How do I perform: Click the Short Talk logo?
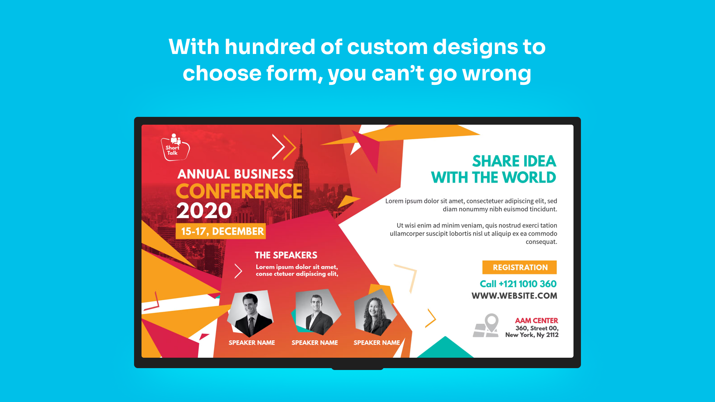coord(175,147)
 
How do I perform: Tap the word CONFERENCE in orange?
coord(239,191)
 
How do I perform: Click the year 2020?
coord(204,211)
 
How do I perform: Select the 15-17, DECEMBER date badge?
coord(221,231)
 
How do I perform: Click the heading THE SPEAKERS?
coord(286,255)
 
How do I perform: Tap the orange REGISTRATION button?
coord(519,267)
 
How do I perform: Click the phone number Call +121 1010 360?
coord(518,284)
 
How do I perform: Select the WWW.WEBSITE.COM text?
coord(514,296)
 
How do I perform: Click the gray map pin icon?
coord(486,325)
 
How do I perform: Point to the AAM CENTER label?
coord(536,320)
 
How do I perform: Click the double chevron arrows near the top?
coord(284,147)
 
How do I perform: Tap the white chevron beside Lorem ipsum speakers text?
coord(238,271)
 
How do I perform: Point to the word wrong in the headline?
coord(497,74)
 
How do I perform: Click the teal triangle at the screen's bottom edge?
coord(445,347)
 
